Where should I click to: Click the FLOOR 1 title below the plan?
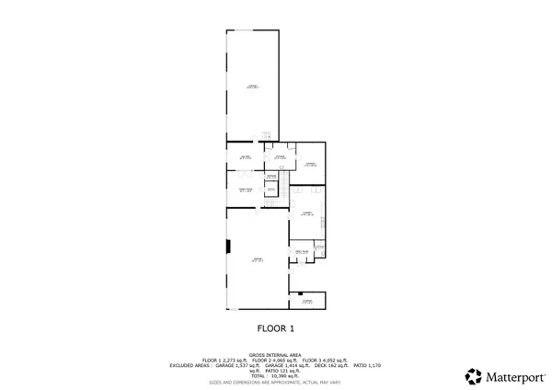(275, 327)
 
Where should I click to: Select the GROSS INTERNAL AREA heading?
(275, 354)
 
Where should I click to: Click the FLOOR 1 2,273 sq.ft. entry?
(226, 360)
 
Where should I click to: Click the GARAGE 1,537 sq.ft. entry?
(236, 365)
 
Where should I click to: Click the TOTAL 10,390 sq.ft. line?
(275, 376)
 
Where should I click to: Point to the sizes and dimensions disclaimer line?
(275, 382)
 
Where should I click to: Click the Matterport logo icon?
(474, 376)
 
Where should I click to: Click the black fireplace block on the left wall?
(228, 246)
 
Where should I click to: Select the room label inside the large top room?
(252, 86)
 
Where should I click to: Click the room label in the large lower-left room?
(257, 260)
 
